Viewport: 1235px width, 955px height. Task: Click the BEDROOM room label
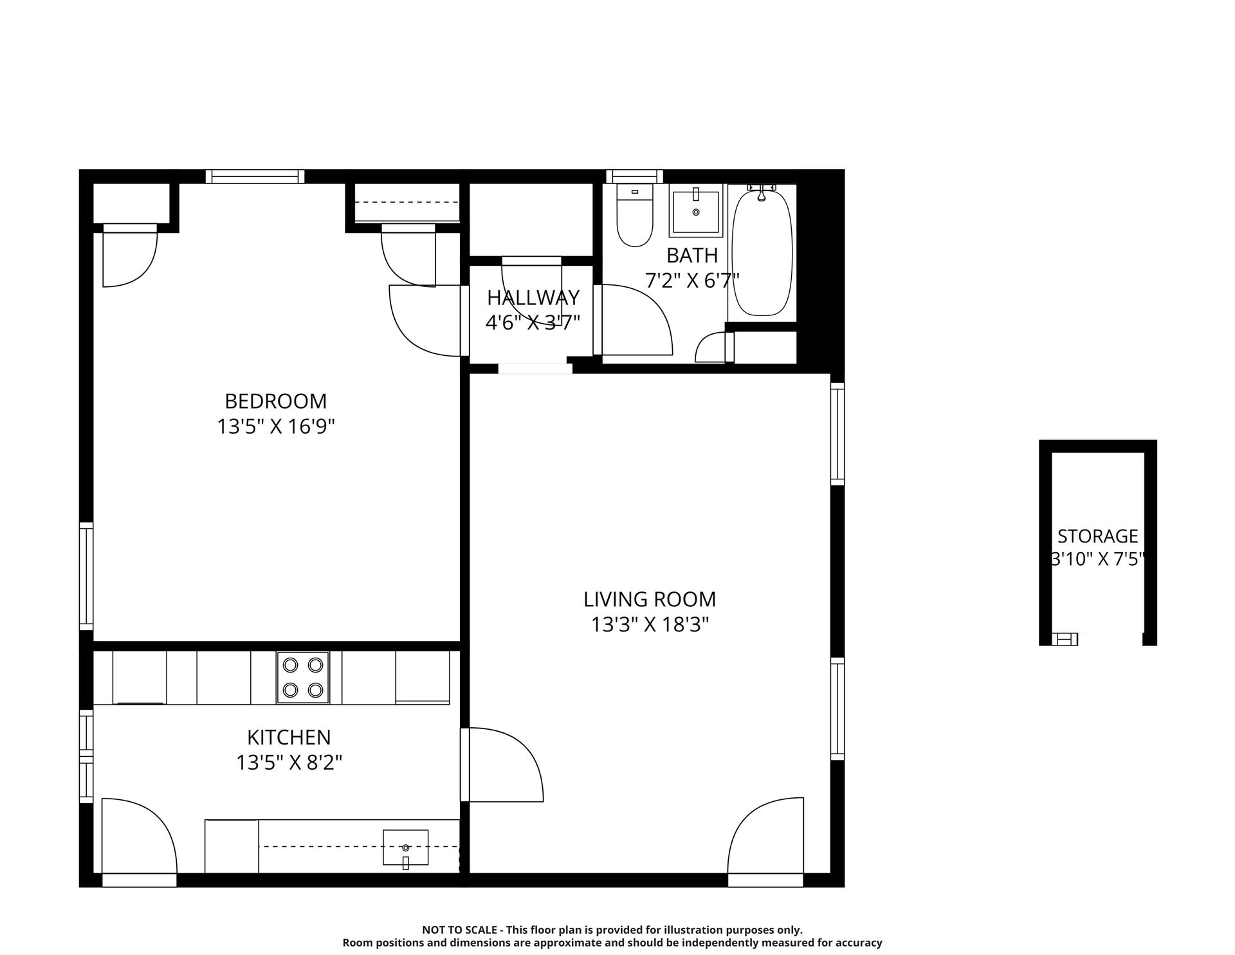(276, 401)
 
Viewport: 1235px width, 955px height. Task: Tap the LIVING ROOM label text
(650, 599)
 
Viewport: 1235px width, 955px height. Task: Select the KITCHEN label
(289, 737)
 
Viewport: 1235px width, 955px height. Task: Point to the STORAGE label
(1098, 536)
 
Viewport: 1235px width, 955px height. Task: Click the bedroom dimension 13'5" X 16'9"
(276, 427)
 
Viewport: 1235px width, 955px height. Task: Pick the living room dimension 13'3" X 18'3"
(650, 625)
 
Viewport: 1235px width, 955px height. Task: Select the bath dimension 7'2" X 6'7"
(692, 281)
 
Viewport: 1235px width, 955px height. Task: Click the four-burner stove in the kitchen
(303, 678)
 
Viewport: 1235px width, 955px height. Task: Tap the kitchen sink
(405, 848)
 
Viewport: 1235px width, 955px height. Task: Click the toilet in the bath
(634, 215)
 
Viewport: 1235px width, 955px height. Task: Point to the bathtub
(762, 251)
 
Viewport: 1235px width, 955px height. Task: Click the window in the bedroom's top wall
(255, 176)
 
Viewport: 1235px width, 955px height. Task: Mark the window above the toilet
(634, 176)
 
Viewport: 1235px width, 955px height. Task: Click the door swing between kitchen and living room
(502, 765)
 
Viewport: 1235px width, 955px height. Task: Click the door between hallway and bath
(633, 320)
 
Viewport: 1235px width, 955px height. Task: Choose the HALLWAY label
(533, 297)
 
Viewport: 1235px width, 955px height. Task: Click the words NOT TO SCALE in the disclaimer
(459, 930)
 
